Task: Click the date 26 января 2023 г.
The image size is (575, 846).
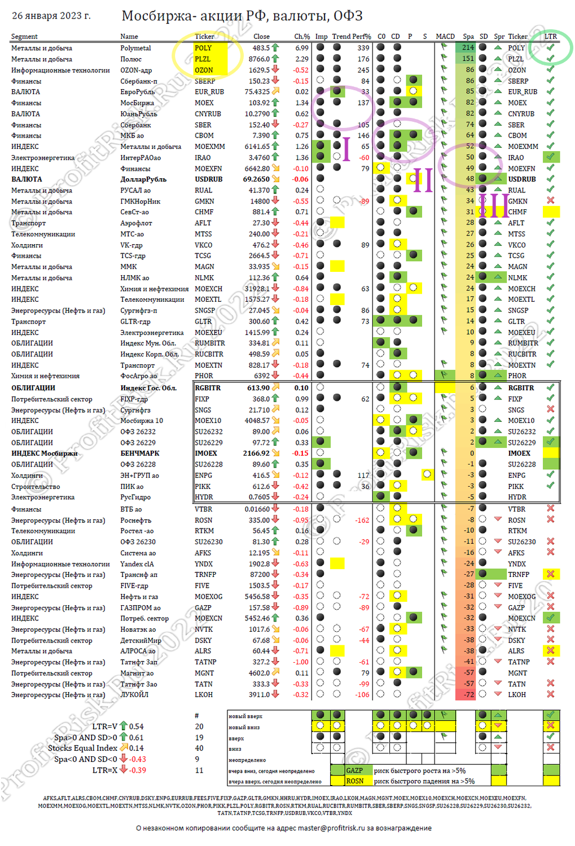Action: coord(51,16)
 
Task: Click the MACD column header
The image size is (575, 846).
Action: coord(445,37)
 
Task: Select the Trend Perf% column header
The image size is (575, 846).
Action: coord(351,37)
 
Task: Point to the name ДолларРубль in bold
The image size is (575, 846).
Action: coord(143,179)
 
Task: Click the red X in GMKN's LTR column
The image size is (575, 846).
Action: coord(550,201)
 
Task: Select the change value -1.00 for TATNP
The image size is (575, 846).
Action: coord(301,662)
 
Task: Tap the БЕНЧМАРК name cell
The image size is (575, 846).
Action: coord(140,453)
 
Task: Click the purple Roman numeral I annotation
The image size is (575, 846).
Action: coord(346,148)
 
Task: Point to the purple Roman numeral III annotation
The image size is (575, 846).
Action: coord(493,206)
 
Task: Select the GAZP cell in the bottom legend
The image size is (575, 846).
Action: coord(354,770)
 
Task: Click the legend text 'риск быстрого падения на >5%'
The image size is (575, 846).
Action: coord(424,782)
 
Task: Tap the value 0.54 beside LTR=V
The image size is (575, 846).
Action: coord(136,727)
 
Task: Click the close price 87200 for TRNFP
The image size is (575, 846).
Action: coord(260,575)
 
